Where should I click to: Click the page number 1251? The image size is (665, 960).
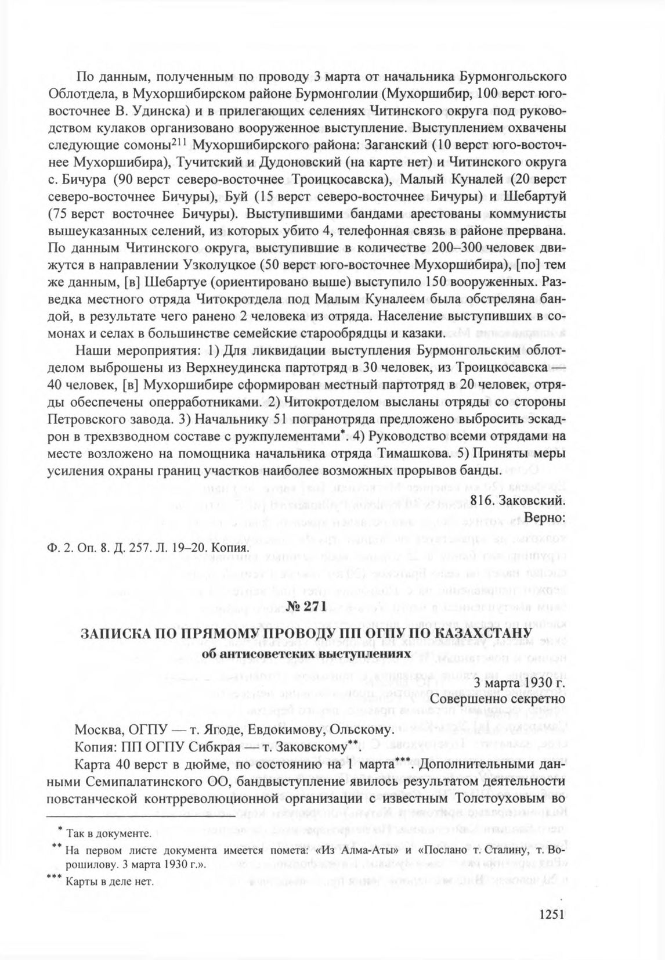552,914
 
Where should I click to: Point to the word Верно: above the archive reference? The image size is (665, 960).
544,516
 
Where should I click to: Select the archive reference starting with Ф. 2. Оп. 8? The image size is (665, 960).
147,548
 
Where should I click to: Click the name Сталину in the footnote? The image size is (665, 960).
505,850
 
